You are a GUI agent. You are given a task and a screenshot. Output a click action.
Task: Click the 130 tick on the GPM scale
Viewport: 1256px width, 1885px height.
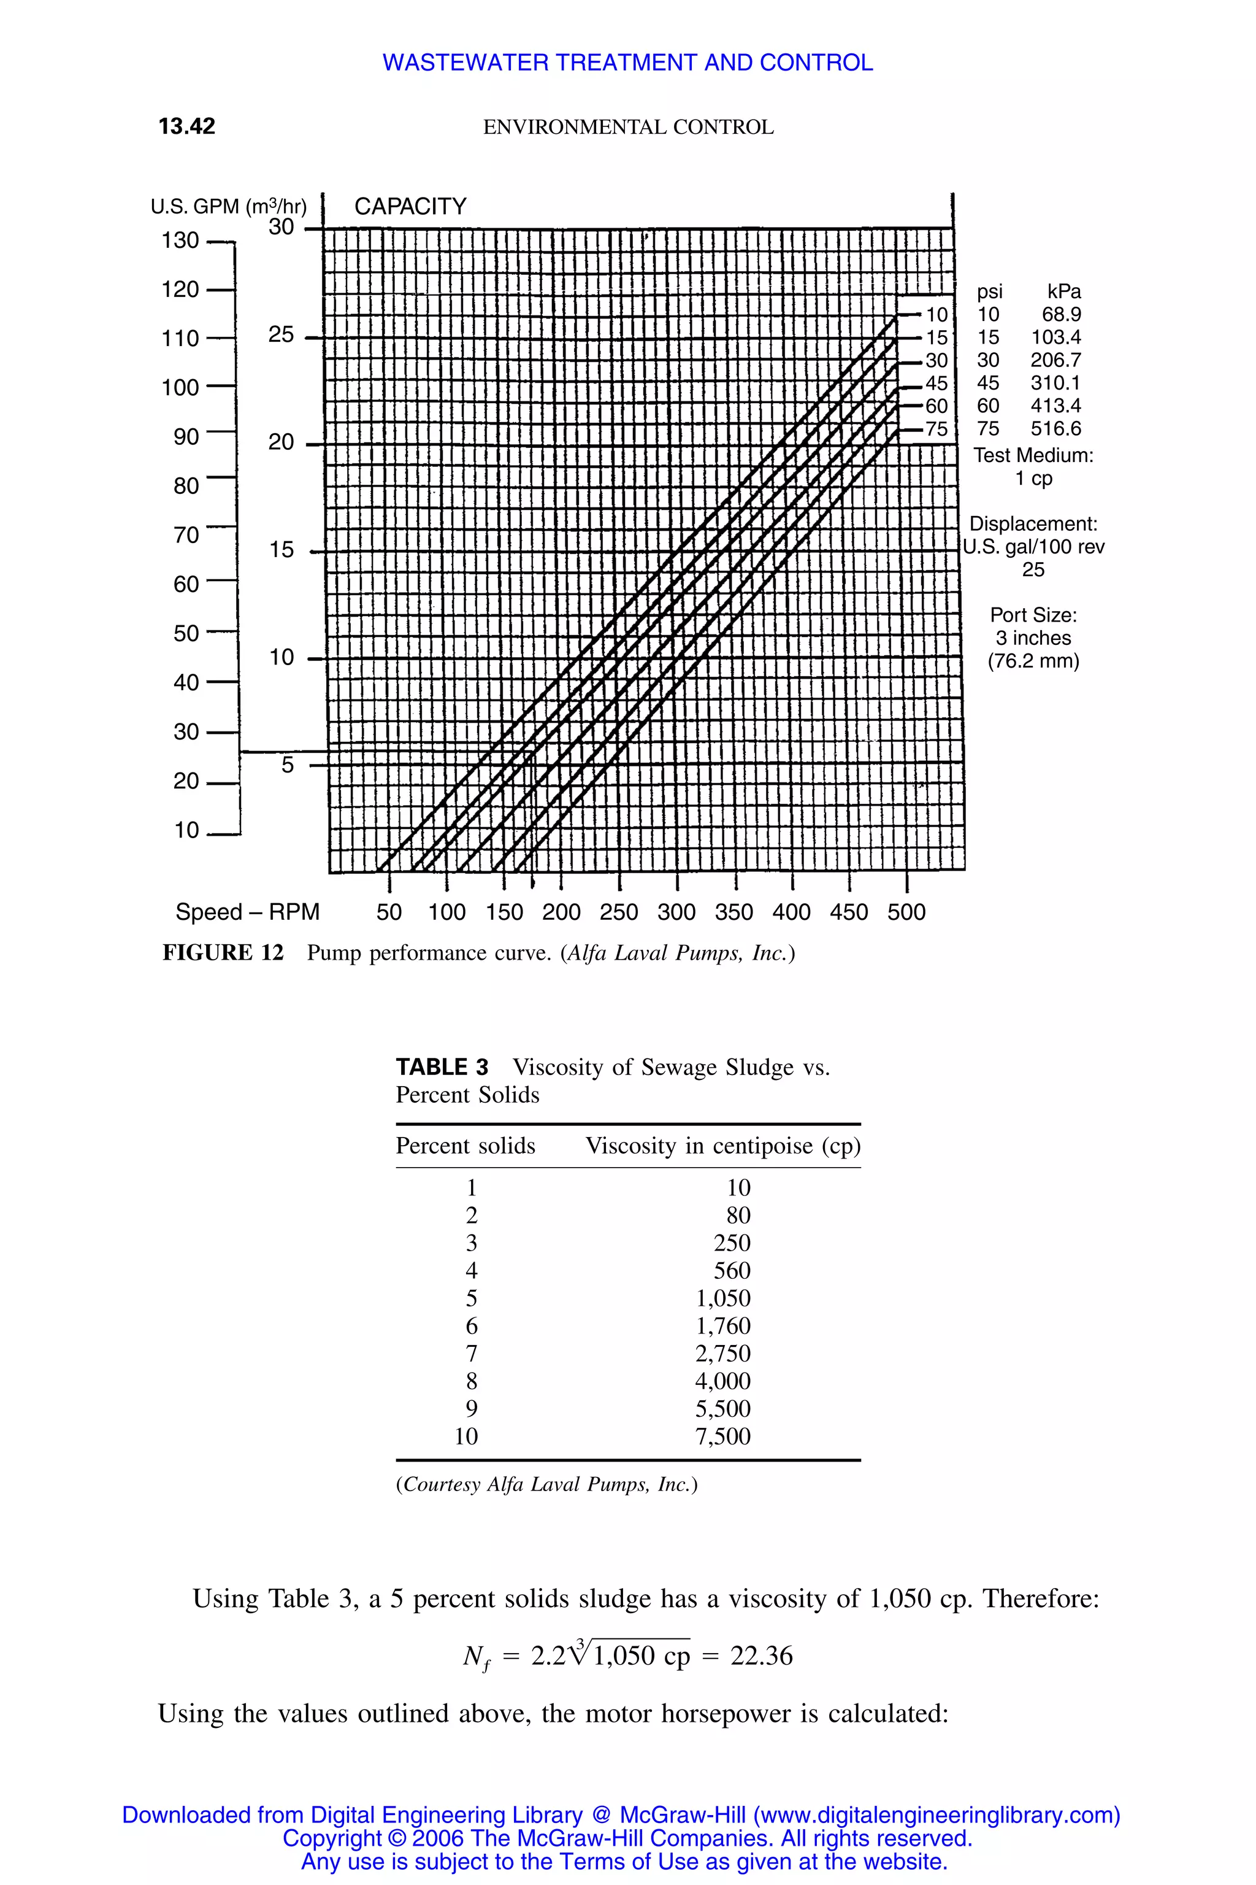coord(180,241)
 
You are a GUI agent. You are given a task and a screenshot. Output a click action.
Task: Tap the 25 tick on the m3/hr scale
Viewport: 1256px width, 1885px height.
coord(281,335)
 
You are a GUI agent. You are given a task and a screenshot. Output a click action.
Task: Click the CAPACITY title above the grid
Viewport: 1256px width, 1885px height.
coord(410,207)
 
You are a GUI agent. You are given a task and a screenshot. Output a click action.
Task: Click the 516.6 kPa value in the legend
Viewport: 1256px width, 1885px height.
coord(1055,429)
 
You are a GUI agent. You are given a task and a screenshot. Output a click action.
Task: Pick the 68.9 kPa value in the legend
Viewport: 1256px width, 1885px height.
coord(1062,315)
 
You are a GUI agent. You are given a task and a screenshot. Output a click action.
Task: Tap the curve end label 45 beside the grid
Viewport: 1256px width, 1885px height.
coord(936,383)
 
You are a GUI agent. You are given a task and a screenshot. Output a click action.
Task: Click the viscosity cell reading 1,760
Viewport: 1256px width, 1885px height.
coord(722,1325)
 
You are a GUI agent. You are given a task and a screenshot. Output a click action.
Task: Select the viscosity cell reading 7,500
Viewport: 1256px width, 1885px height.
coord(722,1436)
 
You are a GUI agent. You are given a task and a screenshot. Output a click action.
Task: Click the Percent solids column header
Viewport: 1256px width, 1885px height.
coord(465,1146)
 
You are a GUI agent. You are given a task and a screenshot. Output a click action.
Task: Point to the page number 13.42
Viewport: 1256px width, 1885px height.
coord(186,126)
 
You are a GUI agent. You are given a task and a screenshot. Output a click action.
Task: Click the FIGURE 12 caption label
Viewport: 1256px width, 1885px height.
coord(223,953)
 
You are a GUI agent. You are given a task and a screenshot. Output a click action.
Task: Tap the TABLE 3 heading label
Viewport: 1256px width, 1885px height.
coord(442,1068)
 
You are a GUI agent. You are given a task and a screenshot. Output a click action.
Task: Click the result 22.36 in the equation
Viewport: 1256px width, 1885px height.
coord(761,1656)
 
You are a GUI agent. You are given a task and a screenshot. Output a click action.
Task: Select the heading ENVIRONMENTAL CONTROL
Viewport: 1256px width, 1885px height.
coord(628,128)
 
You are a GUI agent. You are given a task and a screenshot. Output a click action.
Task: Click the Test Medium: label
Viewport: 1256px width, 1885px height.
coord(1033,455)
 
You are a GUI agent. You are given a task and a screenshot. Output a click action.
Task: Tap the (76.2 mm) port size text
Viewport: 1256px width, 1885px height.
coord(1033,661)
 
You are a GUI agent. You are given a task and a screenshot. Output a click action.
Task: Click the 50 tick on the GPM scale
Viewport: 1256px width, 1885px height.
coord(186,633)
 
